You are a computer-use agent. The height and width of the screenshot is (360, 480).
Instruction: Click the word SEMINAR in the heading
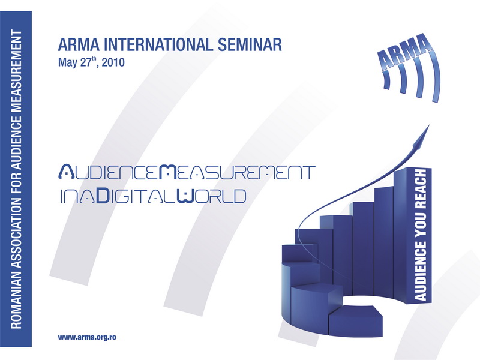click(250, 44)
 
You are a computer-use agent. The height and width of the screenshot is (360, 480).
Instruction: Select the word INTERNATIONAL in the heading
click(158, 44)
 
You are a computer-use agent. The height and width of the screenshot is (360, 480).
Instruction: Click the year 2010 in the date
click(113, 62)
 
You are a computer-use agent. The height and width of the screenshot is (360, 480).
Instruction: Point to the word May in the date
click(68, 63)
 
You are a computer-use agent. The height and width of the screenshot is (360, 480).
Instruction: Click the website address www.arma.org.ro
click(87, 337)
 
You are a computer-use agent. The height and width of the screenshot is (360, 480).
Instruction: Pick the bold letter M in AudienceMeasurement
click(168, 172)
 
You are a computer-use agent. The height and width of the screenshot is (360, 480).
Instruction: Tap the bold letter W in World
click(186, 196)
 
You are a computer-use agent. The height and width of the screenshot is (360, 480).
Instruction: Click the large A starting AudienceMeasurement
click(66, 172)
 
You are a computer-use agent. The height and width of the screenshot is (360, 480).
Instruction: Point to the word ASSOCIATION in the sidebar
click(17, 231)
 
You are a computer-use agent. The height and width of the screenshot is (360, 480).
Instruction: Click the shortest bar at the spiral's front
click(356, 321)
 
